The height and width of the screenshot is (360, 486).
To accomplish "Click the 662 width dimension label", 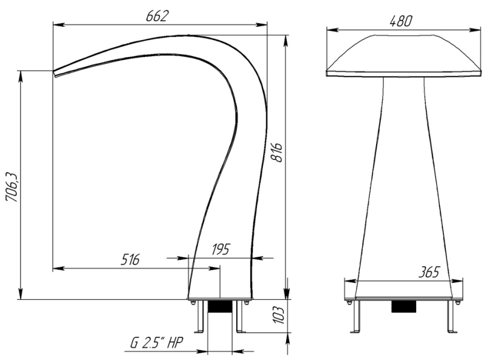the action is point(159,16).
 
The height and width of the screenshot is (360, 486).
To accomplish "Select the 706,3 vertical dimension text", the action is point(13,187).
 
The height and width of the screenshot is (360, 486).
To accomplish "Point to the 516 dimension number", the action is point(130,260).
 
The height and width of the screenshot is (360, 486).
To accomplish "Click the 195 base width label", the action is point(221,249).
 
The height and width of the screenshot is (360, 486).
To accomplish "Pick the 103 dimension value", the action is point(278,315).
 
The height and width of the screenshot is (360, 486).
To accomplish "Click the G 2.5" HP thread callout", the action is point(157,343).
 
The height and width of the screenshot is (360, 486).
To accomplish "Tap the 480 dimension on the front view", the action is point(401,21).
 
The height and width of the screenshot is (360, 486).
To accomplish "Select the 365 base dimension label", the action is point(429,272).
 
